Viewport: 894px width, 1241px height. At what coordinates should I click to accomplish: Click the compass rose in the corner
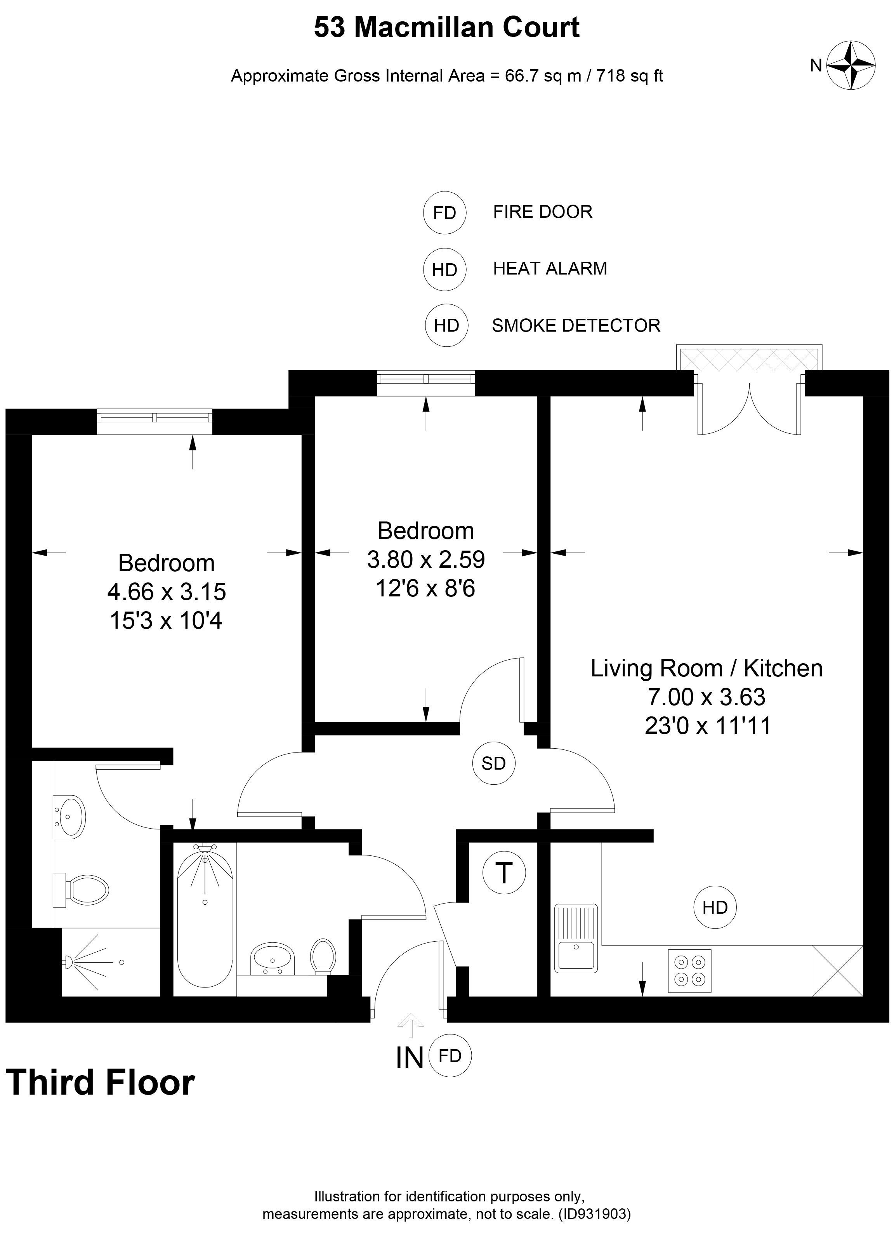pyautogui.click(x=851, y=65)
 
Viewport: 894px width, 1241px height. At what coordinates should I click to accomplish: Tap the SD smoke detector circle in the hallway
pyautogui.click(x=493, y=763)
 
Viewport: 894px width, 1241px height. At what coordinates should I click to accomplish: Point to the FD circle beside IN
pyautogui.click(x=450, y=1055)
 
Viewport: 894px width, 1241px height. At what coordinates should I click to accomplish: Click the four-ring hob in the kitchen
pyautogui.click(x=689, y=970)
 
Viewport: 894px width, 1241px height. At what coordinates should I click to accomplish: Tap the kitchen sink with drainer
pyautogui.click(x=576, y=938)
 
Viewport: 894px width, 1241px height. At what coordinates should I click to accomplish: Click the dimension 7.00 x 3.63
pyautogui.click(x=707, y=697)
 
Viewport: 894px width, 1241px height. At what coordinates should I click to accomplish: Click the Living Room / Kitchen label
pyautogui.click(x=707, y=668)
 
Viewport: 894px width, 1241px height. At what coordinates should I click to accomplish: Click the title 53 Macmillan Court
pyautogui.click(x=446, y=27)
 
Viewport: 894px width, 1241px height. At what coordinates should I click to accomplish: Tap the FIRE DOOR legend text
pyautogui.click(x=543, y=212)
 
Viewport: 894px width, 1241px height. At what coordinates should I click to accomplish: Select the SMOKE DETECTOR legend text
pyautogui.click(x=576, y=325)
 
